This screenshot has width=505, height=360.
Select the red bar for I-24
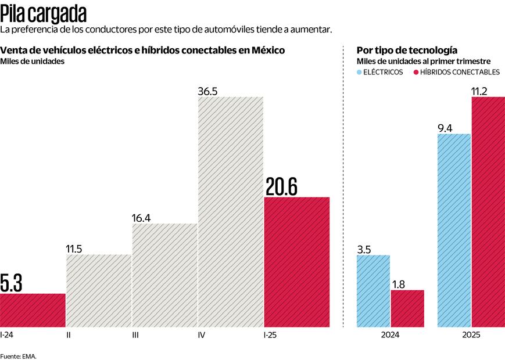33,311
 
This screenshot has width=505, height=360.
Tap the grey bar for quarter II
98,291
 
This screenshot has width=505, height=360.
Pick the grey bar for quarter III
164,276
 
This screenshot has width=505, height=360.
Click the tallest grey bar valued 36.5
231,212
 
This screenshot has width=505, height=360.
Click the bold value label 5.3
12,284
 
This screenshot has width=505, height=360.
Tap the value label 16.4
141,218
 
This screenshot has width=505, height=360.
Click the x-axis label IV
201,335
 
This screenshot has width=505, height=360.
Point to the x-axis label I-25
271,335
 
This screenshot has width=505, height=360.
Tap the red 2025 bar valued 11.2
488,212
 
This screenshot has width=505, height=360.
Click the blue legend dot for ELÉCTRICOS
359,73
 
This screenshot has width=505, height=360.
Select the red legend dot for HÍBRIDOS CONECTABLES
416,73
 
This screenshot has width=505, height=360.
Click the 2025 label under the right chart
471,335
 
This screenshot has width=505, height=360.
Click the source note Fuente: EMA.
18,355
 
